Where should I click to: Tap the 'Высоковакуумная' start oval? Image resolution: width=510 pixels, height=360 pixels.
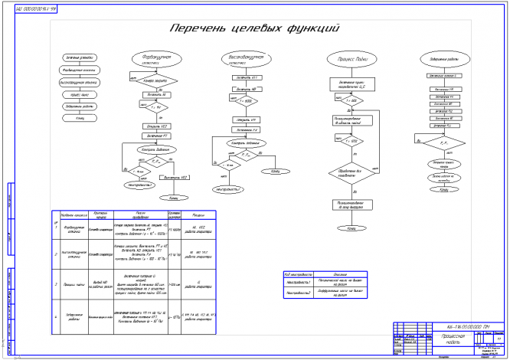242,59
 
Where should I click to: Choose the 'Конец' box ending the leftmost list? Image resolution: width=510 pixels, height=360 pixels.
80,118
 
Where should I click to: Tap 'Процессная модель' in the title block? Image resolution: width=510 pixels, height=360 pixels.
446,340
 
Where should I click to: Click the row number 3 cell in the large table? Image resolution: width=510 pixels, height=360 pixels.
56,284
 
